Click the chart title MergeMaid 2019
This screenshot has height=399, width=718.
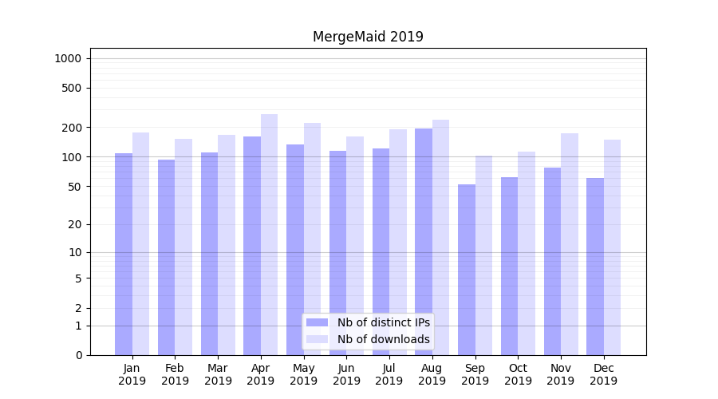click(368, 37)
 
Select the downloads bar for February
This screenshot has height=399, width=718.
click(183, 247)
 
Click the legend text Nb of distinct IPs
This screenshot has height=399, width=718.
click(384, 322)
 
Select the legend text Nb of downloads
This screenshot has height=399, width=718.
click(384, 339)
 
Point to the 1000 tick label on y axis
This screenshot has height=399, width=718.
click(68, 58)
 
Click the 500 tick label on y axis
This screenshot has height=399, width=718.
click(72, 88)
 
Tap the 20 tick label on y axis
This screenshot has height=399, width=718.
click(75, 224)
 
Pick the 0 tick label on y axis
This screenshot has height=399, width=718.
click(78, 355)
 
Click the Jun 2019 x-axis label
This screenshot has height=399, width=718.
click(346, 374)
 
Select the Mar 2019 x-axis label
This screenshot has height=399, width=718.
click(218, 374)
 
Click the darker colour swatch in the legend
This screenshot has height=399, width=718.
click(318, 322)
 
